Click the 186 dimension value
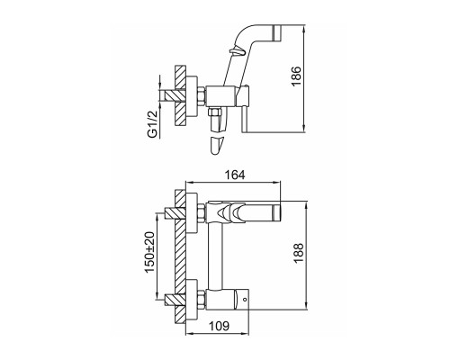(x=296, y=76)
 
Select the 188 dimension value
(x=299, y=253)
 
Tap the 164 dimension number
(x=235, y=175)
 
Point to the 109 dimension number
(x=219, y=326)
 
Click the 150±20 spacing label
(x=149, y=252)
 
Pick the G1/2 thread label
(x=153, y=124)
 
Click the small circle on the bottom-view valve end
(x=245, y=299)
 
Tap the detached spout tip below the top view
(x=217, y=146)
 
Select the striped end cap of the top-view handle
(x=278, y=32)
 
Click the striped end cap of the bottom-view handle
(x=276, y=213)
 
